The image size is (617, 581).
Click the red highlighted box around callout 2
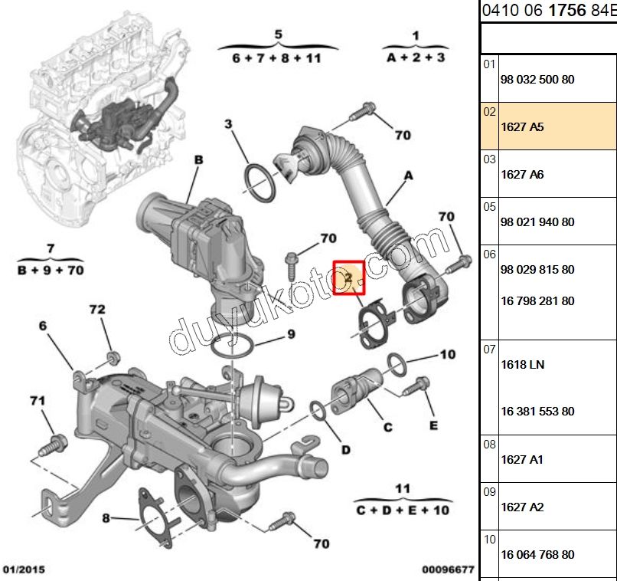(x=349, y=277)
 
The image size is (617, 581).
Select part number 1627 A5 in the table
(x=521, y=127)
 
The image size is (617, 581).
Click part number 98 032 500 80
(x=537, y=80)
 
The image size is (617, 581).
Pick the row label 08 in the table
(x=489, y=445)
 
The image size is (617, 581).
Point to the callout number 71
(x=38, y=400)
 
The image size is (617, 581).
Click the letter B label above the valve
(x=198, y=160)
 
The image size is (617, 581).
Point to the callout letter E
(x=433, y=425)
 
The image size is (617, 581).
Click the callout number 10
(x=447, y=354)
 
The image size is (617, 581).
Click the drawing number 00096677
(x=448, y=570)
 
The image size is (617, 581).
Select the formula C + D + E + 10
(x=403, y=509)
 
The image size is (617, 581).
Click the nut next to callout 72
(x=112, y=357)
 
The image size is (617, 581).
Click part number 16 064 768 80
(x=537, y=554)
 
